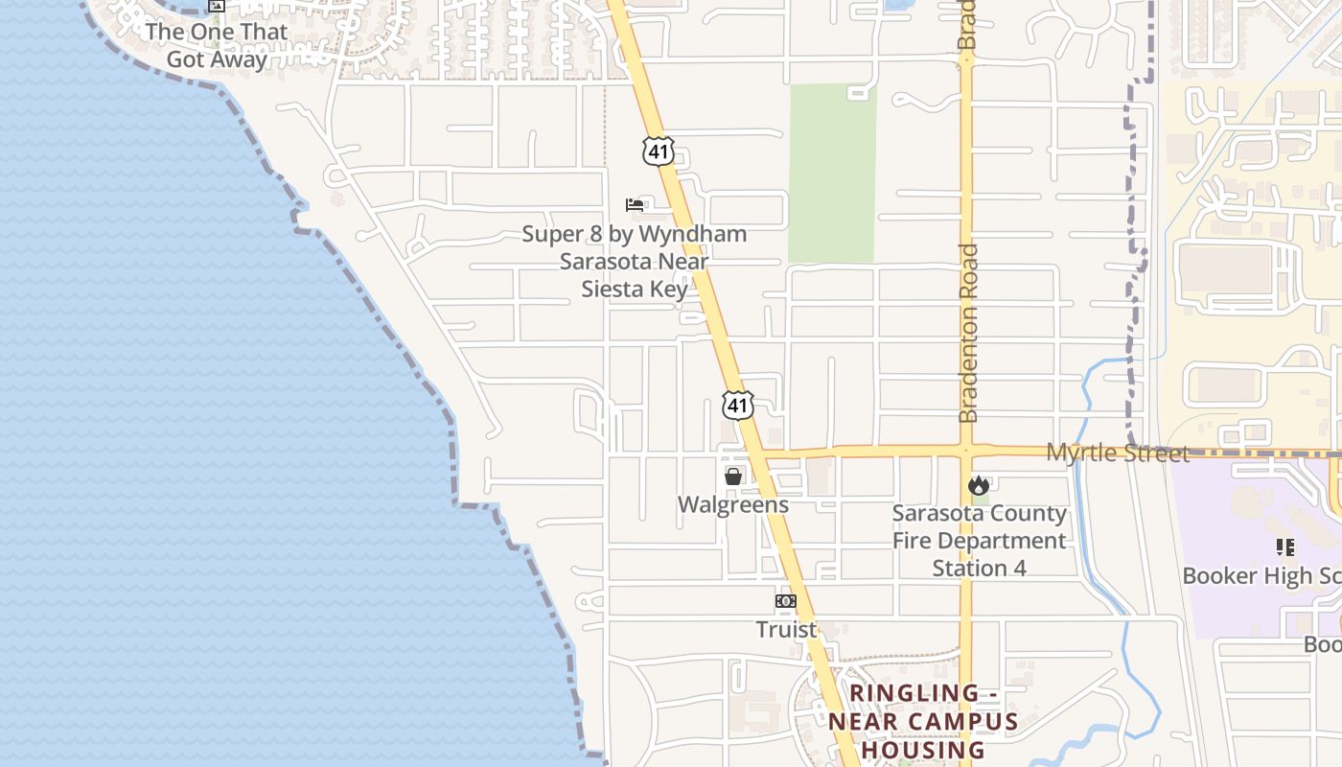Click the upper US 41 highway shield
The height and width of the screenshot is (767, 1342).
[x=659, y=151]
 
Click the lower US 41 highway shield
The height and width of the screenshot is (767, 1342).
[x=737, y=405]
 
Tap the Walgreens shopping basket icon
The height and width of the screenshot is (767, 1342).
[x=733, y=476]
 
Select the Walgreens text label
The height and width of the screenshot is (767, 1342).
[x=733, y=504]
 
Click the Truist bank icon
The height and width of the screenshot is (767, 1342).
[x=786, y=601]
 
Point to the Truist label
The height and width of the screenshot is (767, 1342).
[x=786, y=629]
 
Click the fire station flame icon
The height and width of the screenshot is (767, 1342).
[x=978, y=485]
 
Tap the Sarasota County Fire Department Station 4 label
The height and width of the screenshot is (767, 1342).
[x=979, y=540]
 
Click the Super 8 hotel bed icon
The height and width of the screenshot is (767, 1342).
[x=634, y=205]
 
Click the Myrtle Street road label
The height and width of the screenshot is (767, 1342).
[x=1117, y=453]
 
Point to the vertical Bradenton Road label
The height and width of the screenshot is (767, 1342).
[x=968, y=333]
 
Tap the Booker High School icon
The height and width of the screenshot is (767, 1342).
[x=1284, y=547]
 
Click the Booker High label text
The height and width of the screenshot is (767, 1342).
[x=1261, y=575]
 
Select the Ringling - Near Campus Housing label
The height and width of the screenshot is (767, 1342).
[x=923, y=721]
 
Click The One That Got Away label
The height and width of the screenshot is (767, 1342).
[x=217, y=45]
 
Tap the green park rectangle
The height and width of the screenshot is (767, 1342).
[x=832, y=173]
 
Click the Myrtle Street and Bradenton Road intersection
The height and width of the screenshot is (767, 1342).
[x=966, y=451]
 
